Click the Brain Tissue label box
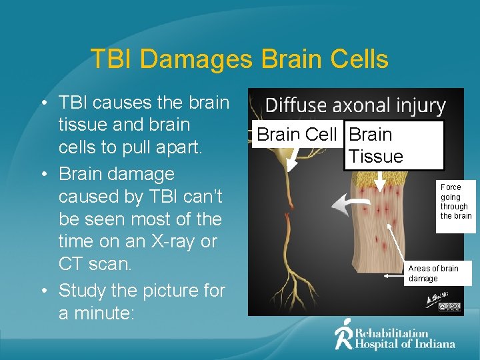tap(393, 145)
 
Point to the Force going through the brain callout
tap(456, 201)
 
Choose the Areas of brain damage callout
tap(437, 273)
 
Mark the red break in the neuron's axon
tap(289, 199)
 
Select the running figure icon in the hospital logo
tap(343, 334)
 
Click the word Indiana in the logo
tap(432, 344)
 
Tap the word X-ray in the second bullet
tap(181, 241)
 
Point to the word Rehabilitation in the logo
tap(392, 333)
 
